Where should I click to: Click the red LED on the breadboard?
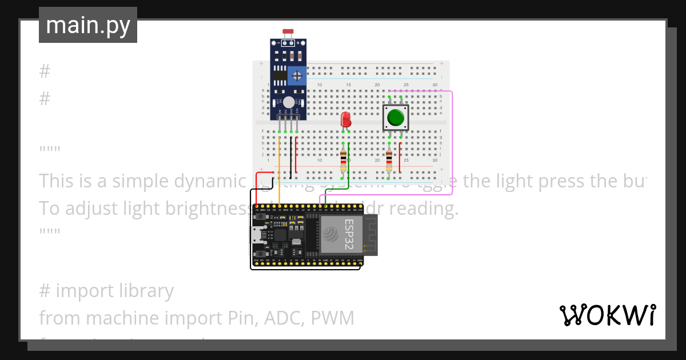(x=345, y=119)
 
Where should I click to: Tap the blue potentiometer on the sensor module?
(x=296, y=75)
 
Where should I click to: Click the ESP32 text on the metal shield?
(x=349, y=234)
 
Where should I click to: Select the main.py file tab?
(x=88, y=25)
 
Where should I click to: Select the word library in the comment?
(x=142, y=291)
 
